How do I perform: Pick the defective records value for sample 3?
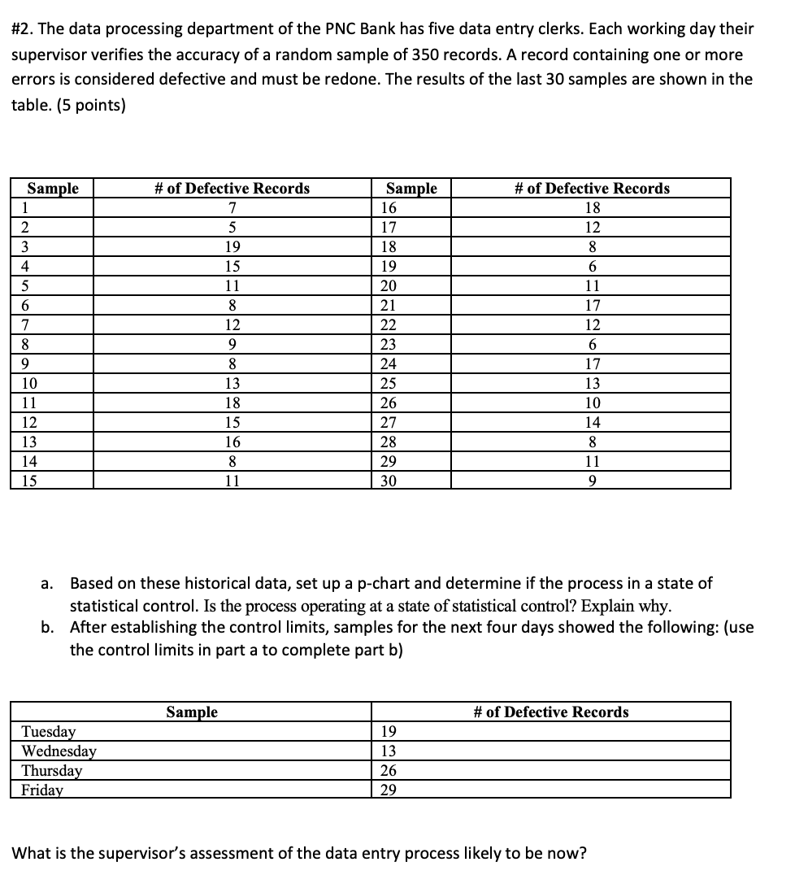click(232, 246)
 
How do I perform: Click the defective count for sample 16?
click(593, 207)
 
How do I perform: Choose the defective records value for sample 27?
click(593, 422)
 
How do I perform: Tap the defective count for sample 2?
click(232, 227)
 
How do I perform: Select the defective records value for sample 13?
click(232, 442)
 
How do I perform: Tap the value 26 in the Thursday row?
click(389, 770)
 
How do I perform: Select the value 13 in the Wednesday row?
click(389, 751)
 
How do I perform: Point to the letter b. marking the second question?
click(48, 627)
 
